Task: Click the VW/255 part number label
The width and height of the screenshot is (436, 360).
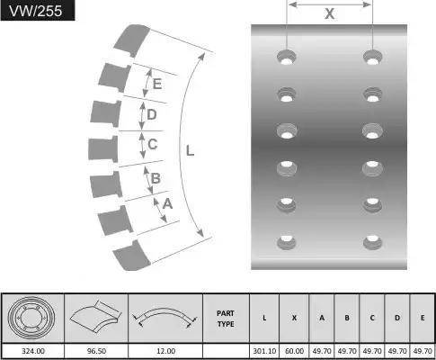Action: (x=36, y=11)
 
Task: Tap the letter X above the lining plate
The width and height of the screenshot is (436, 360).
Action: (x=329, y=13)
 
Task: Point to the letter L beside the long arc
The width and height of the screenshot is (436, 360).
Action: (x=190, y=150)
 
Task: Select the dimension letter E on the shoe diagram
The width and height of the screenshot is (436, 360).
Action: (x=157, y=84)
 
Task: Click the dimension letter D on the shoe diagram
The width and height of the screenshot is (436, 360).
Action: (x=152, y=114)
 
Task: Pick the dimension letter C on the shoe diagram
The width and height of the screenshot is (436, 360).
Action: (x=153, y=144)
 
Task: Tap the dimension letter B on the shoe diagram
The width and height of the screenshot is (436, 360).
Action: (x=156, y=178)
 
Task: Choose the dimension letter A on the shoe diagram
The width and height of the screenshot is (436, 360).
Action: (x=167, y=203)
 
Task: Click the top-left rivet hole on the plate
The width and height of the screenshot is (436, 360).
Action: (x=287, y=57)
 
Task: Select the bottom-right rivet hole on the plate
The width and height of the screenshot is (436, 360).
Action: (x=372, y=242)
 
